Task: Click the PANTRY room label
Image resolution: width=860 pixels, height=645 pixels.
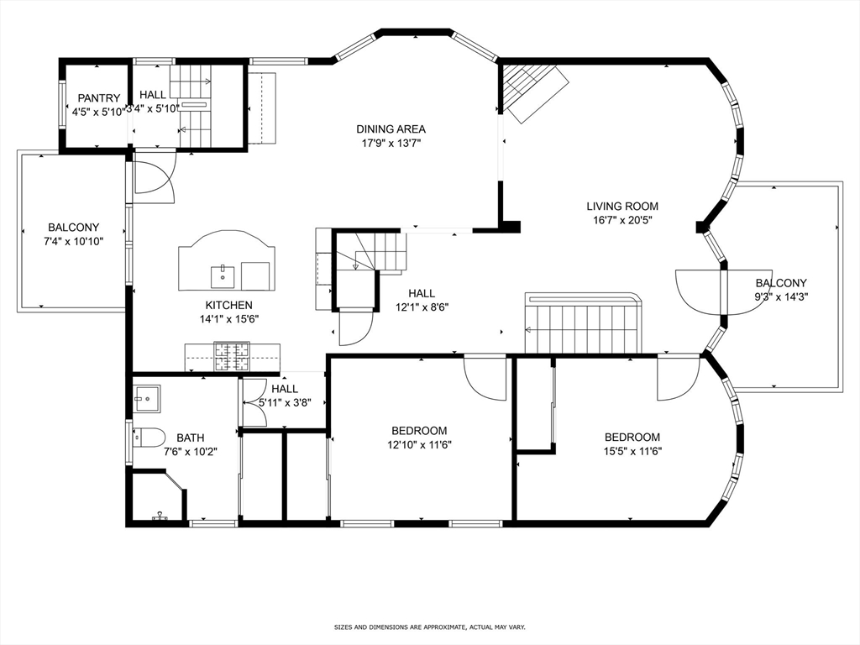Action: [x=99, y=98]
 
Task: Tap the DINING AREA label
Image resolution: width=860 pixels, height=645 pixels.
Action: [x=391, y=129]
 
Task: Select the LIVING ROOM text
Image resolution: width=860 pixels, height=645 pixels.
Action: [x=622, y=207]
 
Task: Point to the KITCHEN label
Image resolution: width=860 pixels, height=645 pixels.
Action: [x=228, y=306]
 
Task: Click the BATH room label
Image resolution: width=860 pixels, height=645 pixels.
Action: [x=191, y=438]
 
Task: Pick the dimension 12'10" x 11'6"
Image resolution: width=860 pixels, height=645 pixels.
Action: [x=420, y=445]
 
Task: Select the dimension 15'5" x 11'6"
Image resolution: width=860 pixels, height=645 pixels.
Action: [x=632, y=451]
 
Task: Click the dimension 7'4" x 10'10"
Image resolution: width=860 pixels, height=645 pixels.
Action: [x=74, y=241]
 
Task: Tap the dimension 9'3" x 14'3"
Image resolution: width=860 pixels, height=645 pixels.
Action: [x=782, y=297]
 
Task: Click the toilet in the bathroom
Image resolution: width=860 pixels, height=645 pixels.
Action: [x=149, y=438]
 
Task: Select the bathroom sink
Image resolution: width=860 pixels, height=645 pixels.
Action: [x=147, y=399]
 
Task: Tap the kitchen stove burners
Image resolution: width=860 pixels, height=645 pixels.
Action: [x=232, y=356]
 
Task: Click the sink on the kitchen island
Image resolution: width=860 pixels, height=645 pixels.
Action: [x=223, y=277]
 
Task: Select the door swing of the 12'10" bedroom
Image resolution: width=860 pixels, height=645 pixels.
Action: [x=485, y=378]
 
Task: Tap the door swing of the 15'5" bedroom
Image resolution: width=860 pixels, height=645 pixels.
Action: [x=679, y=378]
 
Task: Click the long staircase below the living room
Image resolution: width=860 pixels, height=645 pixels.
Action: [x=583, y=323]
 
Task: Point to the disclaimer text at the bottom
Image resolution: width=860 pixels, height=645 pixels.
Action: [x=430, y=627]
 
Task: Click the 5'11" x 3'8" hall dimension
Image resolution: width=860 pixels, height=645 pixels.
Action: [x=286, y=402]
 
